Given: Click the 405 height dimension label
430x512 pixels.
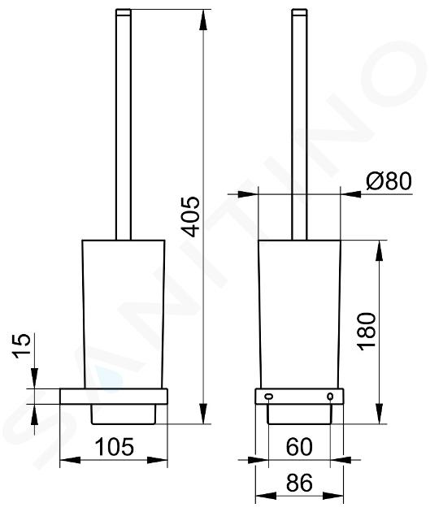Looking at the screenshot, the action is [190, 216].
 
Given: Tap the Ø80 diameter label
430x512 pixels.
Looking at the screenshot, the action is [389, 180].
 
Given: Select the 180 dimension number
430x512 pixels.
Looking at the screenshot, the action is [367, 332].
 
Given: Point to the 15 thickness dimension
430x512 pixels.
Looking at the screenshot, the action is [22, 345].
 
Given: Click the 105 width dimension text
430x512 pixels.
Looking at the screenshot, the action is [115, 447].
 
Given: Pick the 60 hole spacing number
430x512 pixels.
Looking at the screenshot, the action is [299, 447].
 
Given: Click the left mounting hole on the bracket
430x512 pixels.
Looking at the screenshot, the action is [269, 397].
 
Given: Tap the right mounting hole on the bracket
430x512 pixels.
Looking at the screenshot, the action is [330, 397].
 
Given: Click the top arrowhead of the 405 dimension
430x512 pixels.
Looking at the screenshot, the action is [203, 20].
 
